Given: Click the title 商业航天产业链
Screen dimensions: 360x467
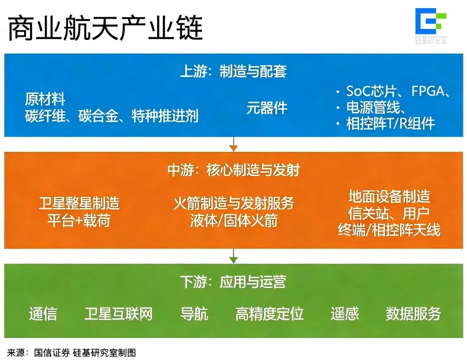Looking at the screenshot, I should (x=106, y=28).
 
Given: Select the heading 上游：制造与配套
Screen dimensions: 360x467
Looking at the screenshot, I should (x=233, y=72).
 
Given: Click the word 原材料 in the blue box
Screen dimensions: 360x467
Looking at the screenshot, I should (x=45, y=99).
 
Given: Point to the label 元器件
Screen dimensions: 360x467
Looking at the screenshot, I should (x=267, y=108).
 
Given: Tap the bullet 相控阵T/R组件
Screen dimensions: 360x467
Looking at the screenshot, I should (x=390, y=123).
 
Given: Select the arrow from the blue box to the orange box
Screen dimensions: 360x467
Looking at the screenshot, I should (x=233, y=144).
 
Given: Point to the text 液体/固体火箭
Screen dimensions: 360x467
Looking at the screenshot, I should (x=233, y=221).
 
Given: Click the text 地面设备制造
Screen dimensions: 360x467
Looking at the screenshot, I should (x=389, y=196).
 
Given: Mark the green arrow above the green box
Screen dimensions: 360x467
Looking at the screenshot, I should (x=233, y=256).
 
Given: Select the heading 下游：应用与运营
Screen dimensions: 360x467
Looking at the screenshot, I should (x=233, y=282).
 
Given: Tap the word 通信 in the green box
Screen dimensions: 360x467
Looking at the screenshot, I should (x=43, y=314).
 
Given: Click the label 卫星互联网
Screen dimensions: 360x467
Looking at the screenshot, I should (x=118, y=314).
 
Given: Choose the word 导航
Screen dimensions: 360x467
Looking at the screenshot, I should (x=194, y=314).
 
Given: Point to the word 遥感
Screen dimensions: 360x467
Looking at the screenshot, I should (x=344, y=314).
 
